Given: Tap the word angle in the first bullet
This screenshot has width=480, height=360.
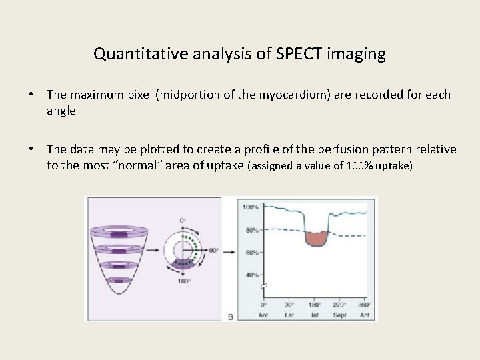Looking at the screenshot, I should pos(61,111).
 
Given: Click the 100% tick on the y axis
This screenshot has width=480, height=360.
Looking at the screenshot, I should pos(250,207).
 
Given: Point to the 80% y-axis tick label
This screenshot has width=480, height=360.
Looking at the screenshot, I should pos(251,230).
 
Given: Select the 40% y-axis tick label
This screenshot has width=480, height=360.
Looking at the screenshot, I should pos(251,275).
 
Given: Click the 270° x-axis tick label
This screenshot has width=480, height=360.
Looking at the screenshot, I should pos(339,305).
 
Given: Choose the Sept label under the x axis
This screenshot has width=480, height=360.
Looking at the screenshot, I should pos(339,315).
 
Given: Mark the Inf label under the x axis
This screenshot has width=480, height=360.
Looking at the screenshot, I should pos(315,315).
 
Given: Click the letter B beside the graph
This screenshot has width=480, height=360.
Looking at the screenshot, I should pos(231,317).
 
